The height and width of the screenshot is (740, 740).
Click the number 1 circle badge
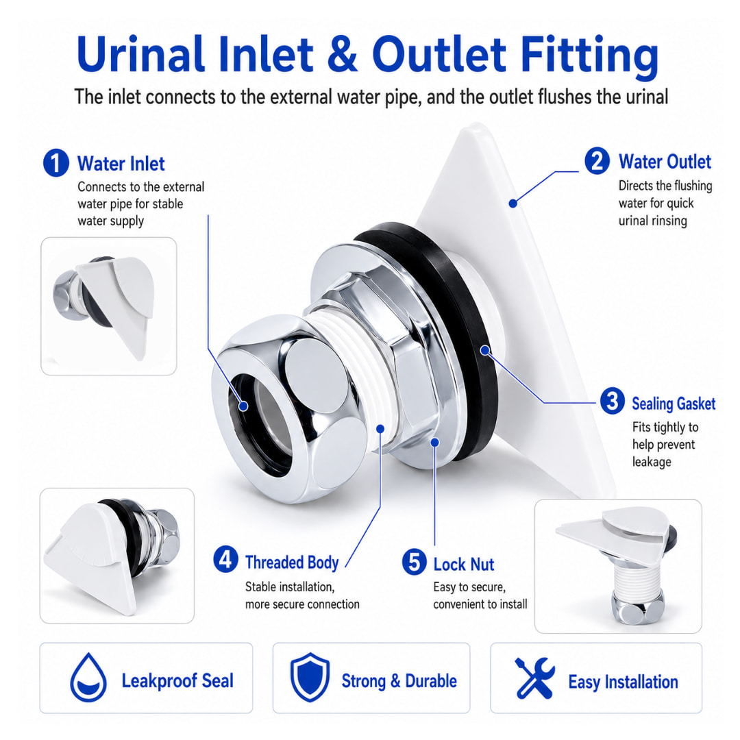pos(56,163)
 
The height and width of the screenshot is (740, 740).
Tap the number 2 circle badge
pos(597,161)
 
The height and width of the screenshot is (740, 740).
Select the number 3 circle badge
pos(612,401)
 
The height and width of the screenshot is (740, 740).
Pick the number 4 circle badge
pos(225,559)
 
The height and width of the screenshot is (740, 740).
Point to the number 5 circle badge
pos(415,562)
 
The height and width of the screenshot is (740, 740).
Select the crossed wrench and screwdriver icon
pos(534,678)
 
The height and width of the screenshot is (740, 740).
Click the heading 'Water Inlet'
pos(121,164)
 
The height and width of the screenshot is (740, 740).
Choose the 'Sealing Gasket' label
pos(674,404)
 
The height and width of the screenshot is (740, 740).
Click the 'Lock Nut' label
pos(463,565)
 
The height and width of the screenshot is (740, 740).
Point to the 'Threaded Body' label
pos(292,563)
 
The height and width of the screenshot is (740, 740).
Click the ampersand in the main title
pos(342,54)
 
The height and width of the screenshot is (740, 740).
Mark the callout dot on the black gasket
pos(484,350)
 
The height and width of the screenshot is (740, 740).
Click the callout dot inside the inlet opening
pos(243,406)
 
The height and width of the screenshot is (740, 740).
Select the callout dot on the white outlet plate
pos(513,203)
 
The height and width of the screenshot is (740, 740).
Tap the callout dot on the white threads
pos(380,428)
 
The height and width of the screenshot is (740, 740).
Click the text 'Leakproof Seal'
pos(177,681)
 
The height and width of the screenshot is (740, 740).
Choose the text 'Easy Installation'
pos(623,682)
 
